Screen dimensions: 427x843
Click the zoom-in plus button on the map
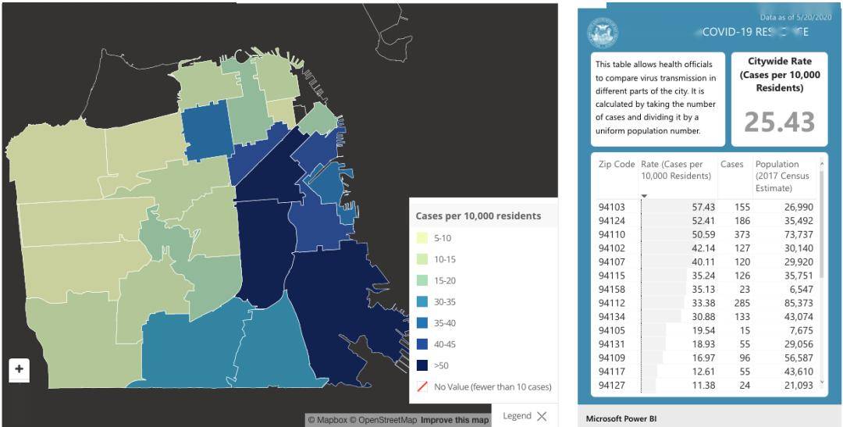click(20, 368)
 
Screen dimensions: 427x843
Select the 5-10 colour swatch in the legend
click(421, 238)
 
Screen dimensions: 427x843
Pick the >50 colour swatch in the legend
click(421, 365)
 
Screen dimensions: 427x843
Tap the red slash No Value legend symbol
click(421, 386)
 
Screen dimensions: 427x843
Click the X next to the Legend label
click(542, 416)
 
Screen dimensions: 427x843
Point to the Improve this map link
click(454, 420)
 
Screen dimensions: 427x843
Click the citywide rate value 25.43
click(779, 122)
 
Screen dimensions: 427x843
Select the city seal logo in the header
click(603, 34)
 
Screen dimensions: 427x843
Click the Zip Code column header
click(617, 165)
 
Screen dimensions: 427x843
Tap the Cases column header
click(732, 165)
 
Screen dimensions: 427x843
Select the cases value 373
click(731, 236)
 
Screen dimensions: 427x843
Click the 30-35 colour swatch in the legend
click(421, 301)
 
